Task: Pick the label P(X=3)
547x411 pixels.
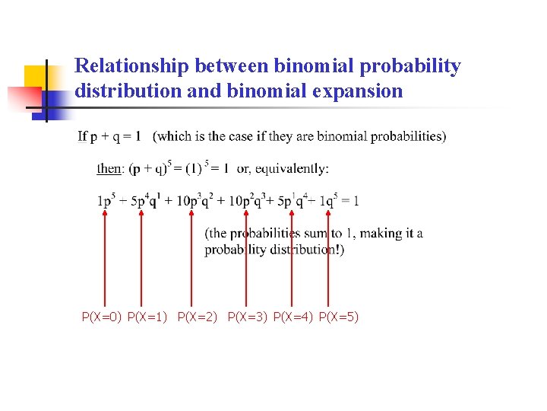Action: [248, 316]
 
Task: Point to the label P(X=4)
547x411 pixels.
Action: [293, 316]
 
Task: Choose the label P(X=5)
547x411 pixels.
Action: [339, 316]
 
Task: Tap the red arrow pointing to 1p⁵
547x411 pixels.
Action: [105, 259]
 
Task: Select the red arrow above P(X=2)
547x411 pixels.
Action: [191, 259]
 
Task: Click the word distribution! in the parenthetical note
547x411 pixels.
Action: [302, 250]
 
